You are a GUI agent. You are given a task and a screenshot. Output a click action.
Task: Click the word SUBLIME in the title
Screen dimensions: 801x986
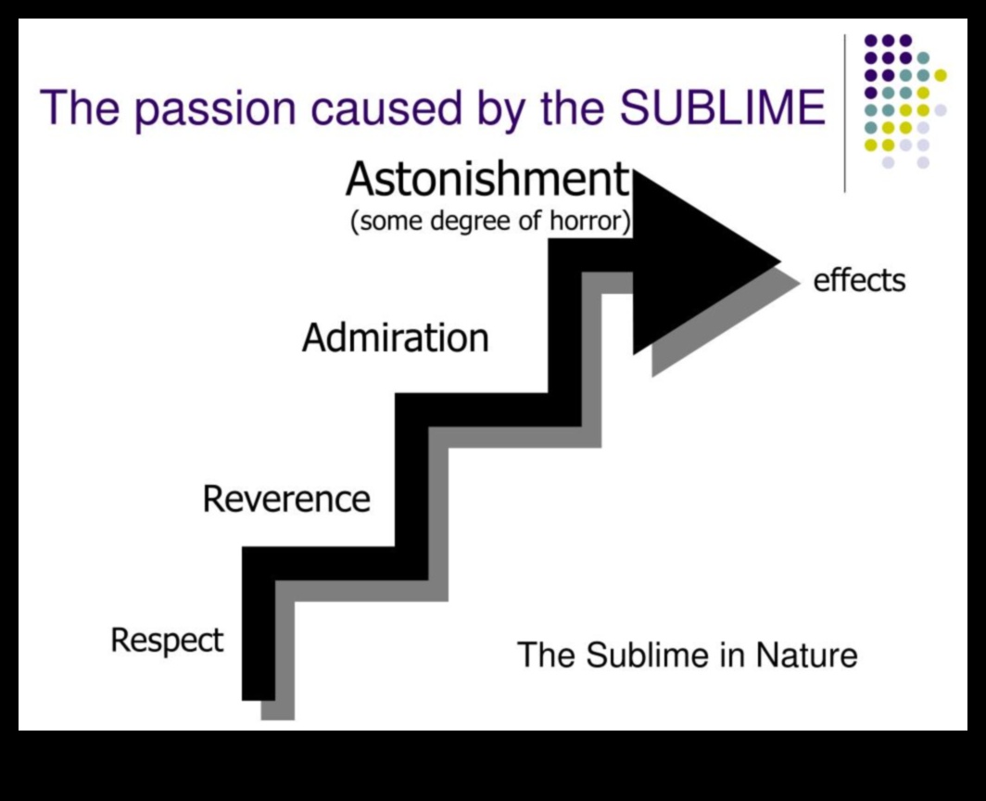point(722,108)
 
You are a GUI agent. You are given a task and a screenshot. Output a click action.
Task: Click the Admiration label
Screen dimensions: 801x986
point(395,337)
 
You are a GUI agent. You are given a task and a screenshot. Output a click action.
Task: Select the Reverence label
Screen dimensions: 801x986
point(286,499)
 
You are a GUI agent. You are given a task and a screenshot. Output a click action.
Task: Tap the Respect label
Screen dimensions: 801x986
point(167,640)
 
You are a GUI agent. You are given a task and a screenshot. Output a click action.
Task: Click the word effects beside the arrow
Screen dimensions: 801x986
point(859,280)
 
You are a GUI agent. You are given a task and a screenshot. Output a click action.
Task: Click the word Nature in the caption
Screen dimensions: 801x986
point(806,655)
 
